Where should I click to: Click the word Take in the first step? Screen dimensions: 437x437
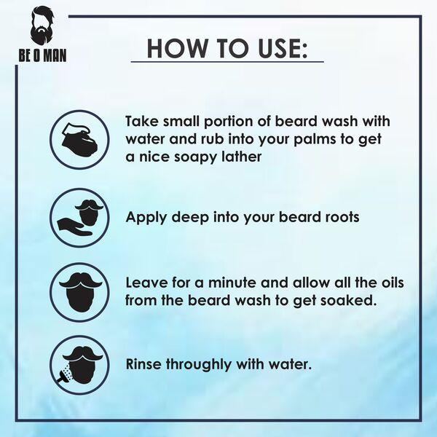point(143,121)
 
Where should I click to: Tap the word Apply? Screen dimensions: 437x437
point(148,216)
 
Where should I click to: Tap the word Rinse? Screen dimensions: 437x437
point(146,363)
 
